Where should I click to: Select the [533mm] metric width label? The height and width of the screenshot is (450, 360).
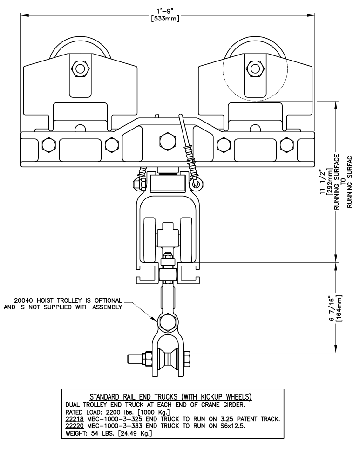(x=165, y=19)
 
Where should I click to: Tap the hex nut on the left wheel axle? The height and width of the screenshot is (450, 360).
(x=81, y=68)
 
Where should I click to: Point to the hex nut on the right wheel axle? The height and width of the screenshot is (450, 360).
(x=254, y=68)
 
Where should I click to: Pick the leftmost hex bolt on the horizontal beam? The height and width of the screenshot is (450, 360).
(x=49, y=144)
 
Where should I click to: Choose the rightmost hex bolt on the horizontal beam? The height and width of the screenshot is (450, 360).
(x=286, y=144)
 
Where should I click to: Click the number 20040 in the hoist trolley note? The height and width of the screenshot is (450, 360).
(x=23, y=300)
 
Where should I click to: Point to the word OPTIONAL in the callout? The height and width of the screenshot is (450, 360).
(x=109, y=300)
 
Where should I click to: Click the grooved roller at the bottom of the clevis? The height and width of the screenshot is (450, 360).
(x=168, y=359)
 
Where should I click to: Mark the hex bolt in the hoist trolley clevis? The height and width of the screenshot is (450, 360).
(x=167, y=322)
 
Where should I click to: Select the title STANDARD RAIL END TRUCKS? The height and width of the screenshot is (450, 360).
(x=134, y=397)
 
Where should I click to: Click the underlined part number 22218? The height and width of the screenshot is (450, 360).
(x=75, y=419)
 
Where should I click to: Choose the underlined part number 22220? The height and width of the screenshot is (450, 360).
(x=75, y=426)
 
